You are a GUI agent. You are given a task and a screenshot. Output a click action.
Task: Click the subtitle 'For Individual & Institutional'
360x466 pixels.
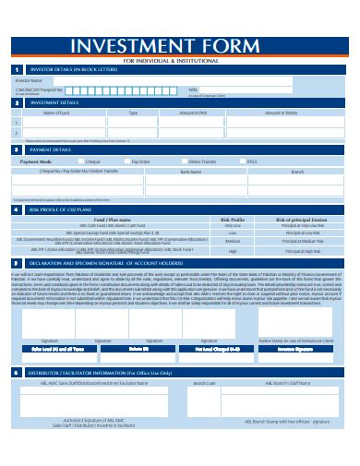pos(180,61)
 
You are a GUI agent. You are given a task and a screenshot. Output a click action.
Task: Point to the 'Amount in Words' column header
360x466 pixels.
pos(282,113)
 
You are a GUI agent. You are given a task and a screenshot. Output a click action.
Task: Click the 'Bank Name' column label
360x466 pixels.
pos(191,171)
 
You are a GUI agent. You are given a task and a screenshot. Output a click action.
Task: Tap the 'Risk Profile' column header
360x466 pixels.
pos(232,220)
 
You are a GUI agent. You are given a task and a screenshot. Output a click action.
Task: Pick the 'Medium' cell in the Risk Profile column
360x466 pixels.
pos(233,241)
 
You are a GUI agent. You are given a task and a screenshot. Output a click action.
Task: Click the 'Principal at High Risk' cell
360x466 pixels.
pos(296,251)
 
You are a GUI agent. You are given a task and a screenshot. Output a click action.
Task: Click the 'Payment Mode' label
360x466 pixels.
pos(35,161)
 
